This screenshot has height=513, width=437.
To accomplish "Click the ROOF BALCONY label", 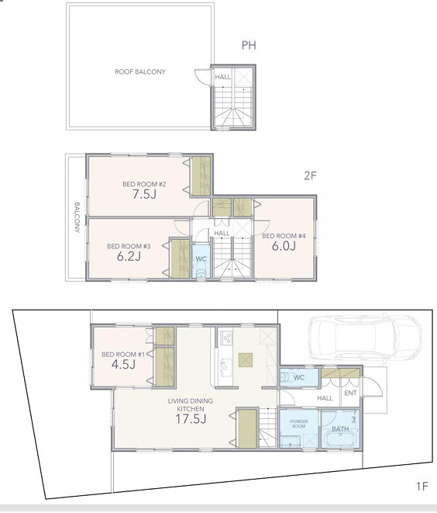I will pos(140,71).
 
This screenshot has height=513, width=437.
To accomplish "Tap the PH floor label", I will pos(249,46).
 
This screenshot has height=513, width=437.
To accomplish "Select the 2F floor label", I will pos(311,175).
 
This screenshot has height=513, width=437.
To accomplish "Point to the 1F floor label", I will pos(422,487).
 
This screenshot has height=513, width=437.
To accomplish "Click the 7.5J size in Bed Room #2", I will pos(140,196).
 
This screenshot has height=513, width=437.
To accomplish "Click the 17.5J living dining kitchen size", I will pos(190,419).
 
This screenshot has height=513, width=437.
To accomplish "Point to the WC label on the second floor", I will pos(200,258).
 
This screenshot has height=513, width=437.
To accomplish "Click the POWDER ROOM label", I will pos(299,425).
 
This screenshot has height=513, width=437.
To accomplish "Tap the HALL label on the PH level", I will pos(222,77).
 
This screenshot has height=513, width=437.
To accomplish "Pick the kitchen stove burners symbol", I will pos(228,338).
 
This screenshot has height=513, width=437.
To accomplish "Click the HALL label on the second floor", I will pos(222,233).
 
